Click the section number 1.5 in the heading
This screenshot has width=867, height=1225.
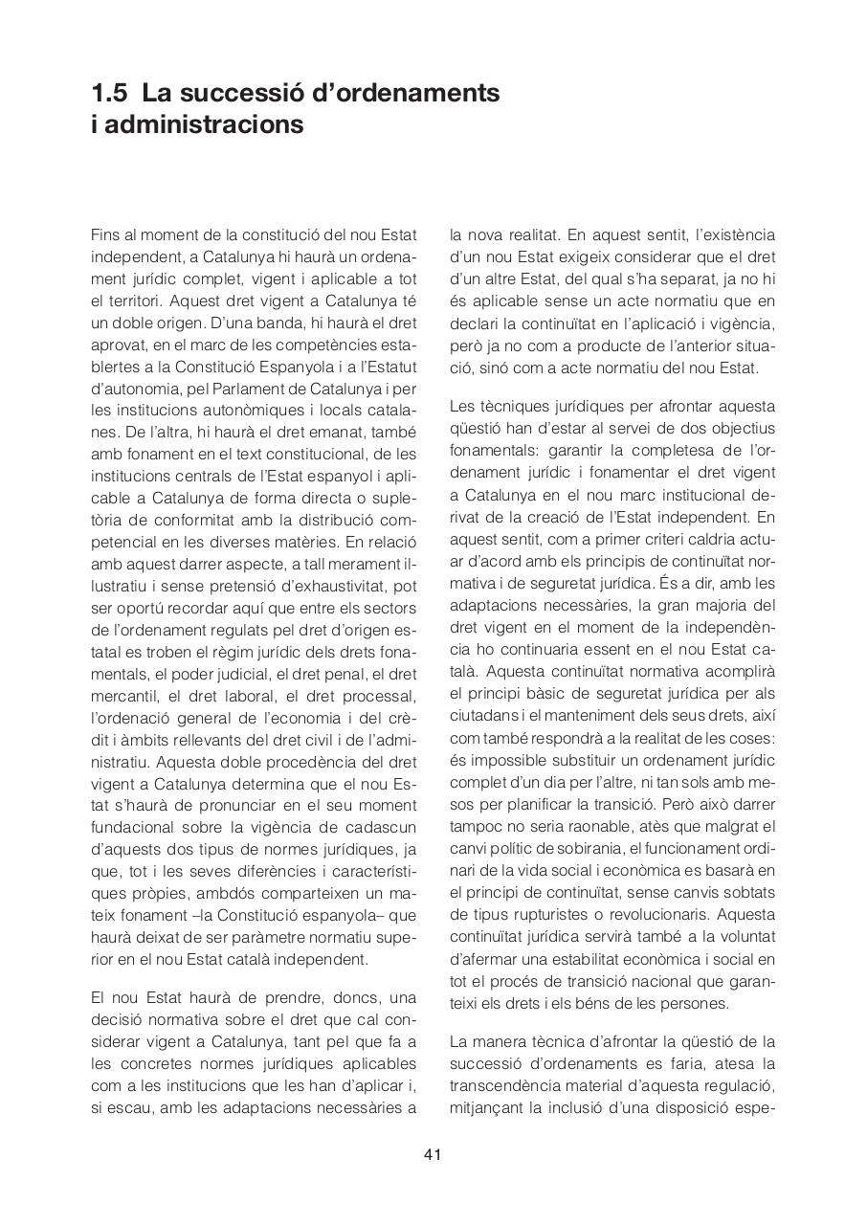[x=110, y=94]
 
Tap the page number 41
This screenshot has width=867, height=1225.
[x=433, y=1154]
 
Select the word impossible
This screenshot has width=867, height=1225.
[x=501, y=760]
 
